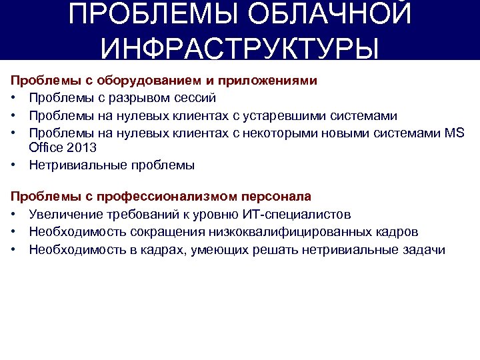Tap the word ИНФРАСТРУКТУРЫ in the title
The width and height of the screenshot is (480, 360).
tap(240, 49)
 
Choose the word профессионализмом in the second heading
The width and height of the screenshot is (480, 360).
tap(162, 197)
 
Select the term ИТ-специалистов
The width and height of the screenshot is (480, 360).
tap(305, 215)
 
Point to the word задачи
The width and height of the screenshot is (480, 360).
tap(424, 249)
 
